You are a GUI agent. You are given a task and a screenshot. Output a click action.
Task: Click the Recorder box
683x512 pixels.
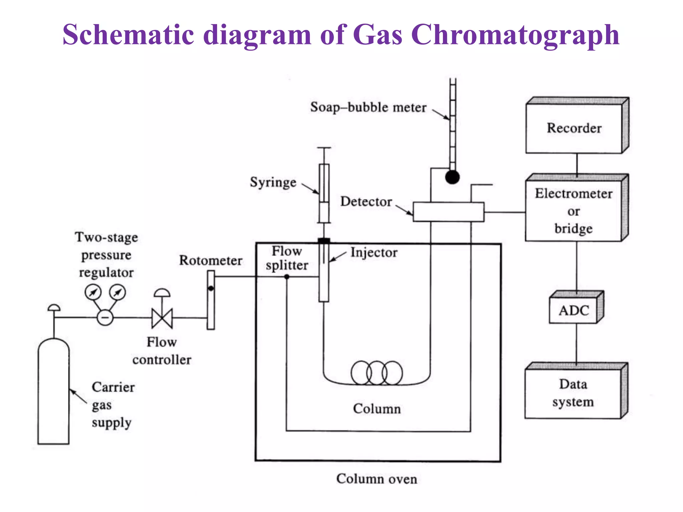574,128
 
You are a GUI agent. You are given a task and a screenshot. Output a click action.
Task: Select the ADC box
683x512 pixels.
573,310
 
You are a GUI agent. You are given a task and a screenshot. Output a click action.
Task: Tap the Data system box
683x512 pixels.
573,393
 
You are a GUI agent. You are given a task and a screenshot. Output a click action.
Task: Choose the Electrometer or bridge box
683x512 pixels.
574,211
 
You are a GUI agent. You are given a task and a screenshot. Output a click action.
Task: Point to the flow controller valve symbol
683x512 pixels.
162,318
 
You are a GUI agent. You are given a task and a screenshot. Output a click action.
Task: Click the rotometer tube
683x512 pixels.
211,300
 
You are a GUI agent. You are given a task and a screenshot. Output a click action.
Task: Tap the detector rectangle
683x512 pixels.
448,212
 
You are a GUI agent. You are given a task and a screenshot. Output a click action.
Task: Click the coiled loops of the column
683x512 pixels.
377,373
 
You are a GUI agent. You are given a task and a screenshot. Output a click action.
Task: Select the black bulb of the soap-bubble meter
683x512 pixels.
452,177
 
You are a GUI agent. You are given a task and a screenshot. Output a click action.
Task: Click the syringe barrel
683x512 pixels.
324,193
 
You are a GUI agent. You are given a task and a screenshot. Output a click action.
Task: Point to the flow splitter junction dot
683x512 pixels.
287,277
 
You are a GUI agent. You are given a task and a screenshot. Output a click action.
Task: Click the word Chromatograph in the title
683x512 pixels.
515,35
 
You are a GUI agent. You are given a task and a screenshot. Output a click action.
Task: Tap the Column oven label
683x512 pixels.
377,479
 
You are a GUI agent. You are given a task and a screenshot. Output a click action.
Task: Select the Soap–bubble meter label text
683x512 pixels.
368,107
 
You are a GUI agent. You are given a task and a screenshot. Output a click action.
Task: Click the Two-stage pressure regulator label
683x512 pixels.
106,255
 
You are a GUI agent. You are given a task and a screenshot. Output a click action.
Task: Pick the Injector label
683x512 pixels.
374,253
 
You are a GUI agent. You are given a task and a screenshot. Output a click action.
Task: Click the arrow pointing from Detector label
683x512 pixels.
404,210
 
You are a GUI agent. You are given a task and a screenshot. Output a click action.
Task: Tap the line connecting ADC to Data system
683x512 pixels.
577,343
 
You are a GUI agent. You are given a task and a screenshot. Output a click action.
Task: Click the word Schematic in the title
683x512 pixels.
128,35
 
